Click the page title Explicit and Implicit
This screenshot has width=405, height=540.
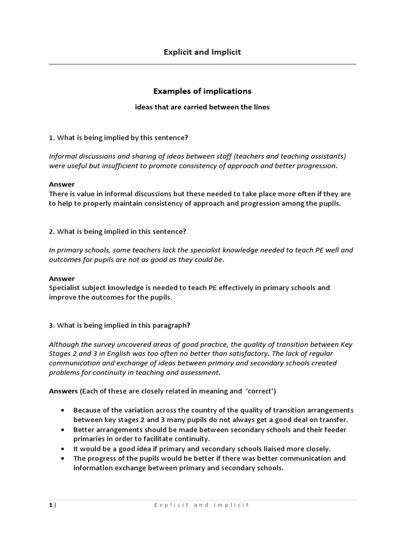(202, 52)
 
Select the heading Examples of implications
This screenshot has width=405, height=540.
(202, 91)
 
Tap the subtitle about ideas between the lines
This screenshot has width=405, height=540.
(202, 107)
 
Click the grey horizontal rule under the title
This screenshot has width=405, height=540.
(202, 64)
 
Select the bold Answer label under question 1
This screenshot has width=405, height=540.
(62, 185)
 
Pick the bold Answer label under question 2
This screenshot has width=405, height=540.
(62, 278)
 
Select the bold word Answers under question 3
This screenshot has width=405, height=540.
(63, 391)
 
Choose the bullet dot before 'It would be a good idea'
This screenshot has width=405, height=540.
(63, 449)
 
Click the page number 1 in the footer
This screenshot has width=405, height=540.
(51, 505)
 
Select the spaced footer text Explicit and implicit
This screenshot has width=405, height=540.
(201, 505)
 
